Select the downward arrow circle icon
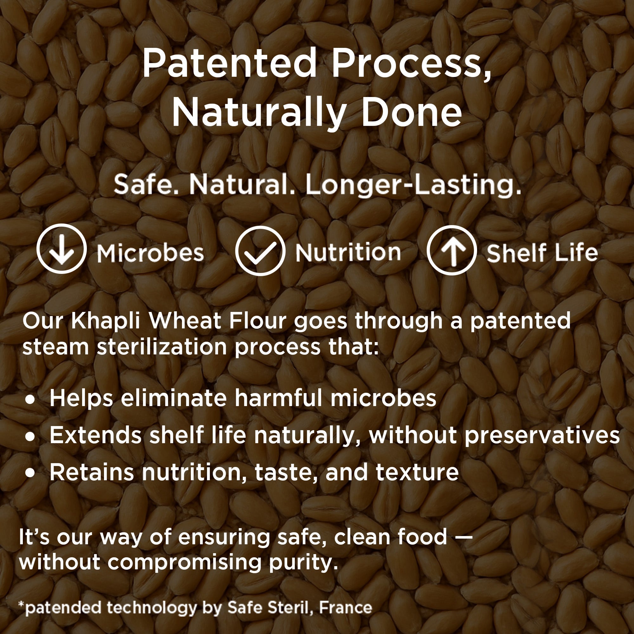click(x=62, y=249)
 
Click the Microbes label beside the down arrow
click(x=150, y=253)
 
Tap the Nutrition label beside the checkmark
click(x=348, y=252)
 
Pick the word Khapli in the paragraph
click(x=105, y=322)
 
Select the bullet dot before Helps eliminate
click(x=30, y=400)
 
